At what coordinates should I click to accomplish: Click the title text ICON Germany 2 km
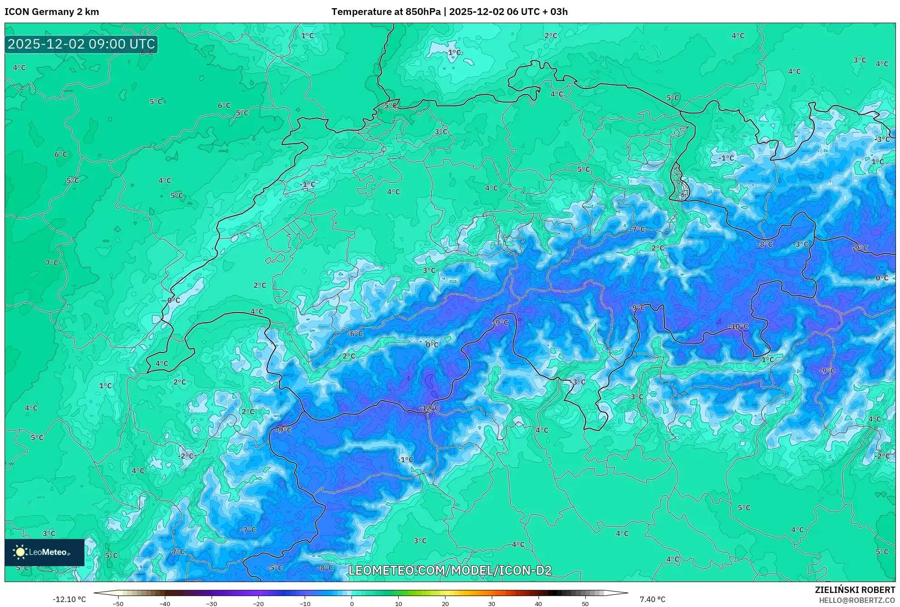pos(52,12)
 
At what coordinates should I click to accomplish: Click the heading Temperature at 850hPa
pos(386,12)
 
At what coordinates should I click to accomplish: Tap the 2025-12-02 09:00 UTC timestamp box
pos(81,44)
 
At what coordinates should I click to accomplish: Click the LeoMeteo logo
pos(45,552)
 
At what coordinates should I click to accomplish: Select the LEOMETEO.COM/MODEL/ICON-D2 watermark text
pos(450,570)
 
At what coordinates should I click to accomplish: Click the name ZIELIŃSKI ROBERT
pos(855,590)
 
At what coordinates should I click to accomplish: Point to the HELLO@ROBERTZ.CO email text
pos(857,600)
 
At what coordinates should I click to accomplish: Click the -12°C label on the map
pos(429,408)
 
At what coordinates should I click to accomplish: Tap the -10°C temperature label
pos(738,326)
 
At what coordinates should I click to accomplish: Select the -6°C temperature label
pos(355,333)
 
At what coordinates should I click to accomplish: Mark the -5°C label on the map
pos(275,568)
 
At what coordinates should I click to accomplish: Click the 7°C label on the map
pos(52,263)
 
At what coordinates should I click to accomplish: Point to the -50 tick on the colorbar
pos(118,603)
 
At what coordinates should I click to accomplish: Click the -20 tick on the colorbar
pos(258,603)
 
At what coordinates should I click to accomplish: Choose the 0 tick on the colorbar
pos(352,603)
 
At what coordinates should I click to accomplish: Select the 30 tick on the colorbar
pos(492,603)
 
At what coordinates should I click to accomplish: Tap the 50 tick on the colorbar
pos(585,603)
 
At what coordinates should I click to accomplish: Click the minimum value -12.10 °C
pos(69,599)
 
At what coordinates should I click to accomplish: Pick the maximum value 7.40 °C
pos(653,599)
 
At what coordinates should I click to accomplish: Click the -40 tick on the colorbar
pos(165,603)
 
